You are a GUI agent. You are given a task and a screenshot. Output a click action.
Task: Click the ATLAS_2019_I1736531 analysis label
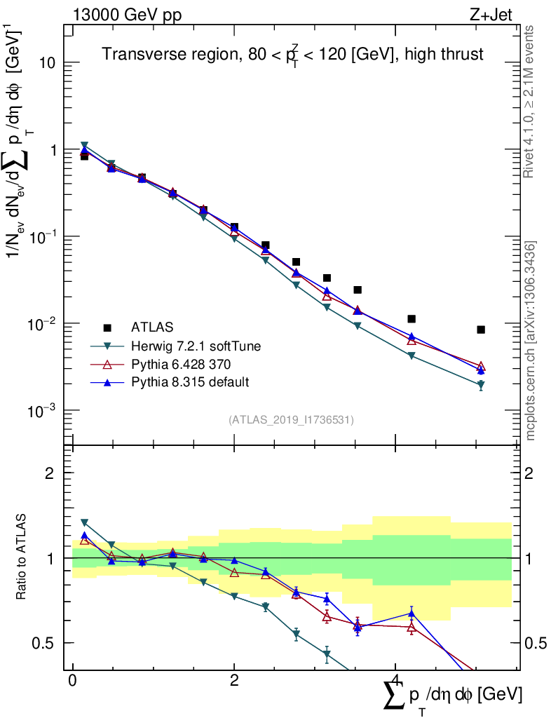[x=291, y=420]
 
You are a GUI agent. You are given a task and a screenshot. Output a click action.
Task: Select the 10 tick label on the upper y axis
[x=48, y=63]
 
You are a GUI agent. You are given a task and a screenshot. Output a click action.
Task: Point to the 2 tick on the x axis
[x=234, y=681]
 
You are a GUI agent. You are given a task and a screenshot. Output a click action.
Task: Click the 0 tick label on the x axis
[x=72, y=681]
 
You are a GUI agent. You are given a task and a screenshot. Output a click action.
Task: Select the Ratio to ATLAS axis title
[x=22, y=558]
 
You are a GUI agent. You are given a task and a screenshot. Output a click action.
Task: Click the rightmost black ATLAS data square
[x=481, y=330]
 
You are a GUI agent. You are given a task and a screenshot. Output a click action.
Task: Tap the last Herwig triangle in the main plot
[x=481, y=385]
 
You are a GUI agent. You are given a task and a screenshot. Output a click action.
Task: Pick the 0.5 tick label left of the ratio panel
[x=43, y=643]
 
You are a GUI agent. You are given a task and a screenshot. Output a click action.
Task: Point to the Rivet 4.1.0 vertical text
[x=531, y=102]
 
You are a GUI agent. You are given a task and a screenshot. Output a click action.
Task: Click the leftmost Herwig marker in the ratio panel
[x=84, y=523]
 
